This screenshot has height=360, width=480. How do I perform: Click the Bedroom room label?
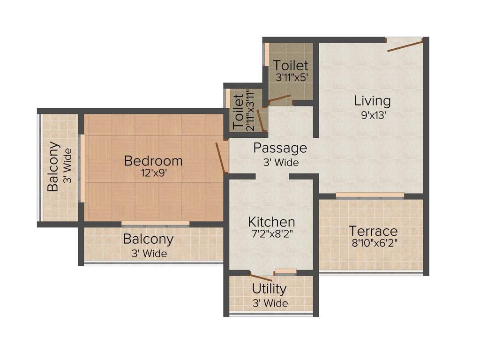(153, 161)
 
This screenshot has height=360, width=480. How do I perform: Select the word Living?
(372, 101)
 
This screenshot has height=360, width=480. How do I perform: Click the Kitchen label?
(271, 222)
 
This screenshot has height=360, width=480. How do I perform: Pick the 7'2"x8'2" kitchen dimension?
(271, 234)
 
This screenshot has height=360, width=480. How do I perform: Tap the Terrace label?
(373, 231)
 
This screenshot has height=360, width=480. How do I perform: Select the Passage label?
(280, 148)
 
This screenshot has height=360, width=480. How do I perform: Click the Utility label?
(269, 288)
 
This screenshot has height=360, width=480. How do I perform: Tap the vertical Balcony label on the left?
(53, 166)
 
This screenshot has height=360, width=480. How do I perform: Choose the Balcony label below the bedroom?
(148, 239)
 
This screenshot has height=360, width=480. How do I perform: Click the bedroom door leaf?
(220, 158)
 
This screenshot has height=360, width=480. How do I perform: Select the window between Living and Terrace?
(370, 195)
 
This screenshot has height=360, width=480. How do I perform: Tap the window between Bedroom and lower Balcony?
(156, 223)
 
